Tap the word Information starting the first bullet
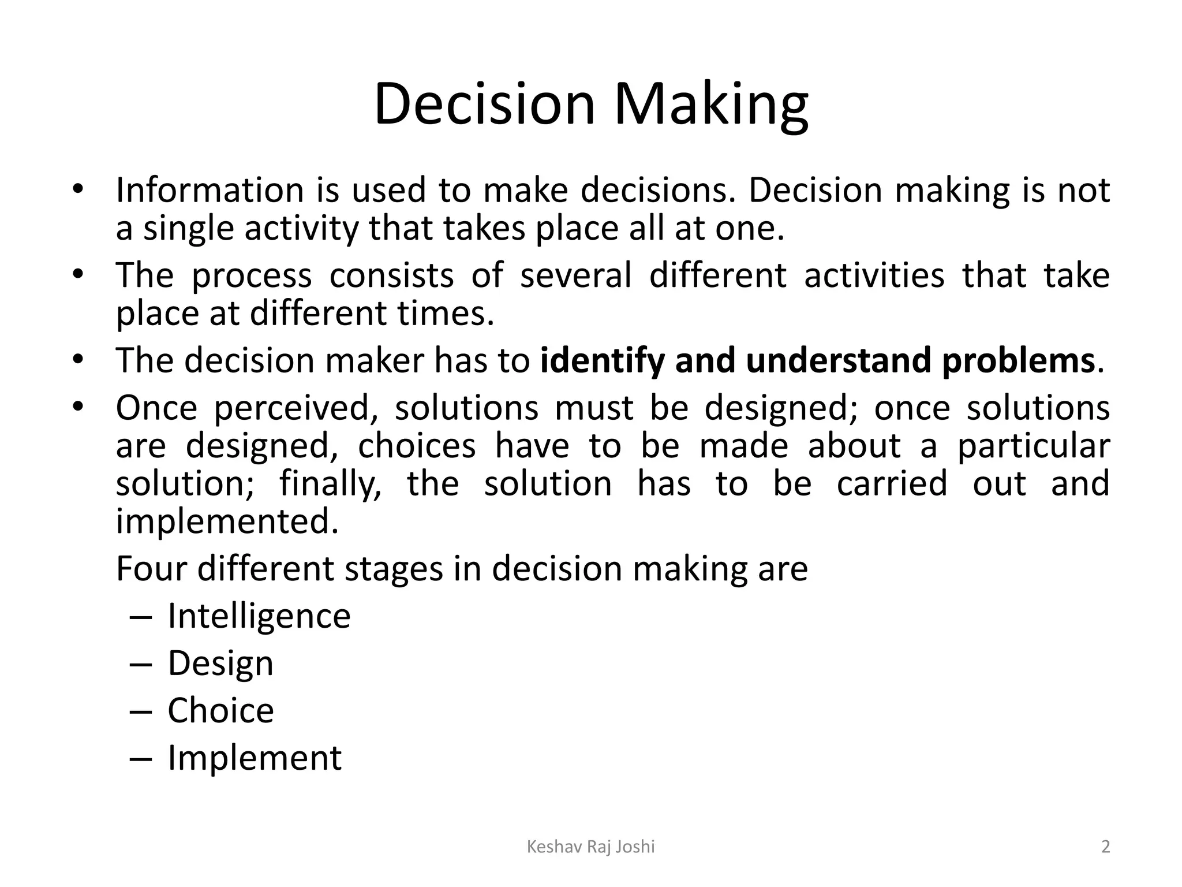[210, 190]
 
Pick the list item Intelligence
[259, 616]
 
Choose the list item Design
[220, 664]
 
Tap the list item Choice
[220, 710]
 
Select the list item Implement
[255, 758]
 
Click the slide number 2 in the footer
[1105, 847]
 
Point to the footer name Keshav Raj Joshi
[591, 847]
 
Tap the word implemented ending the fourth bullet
[227, 521]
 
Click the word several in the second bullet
[575, 275]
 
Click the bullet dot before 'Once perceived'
[78, 407]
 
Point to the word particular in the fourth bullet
[1033, 446]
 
